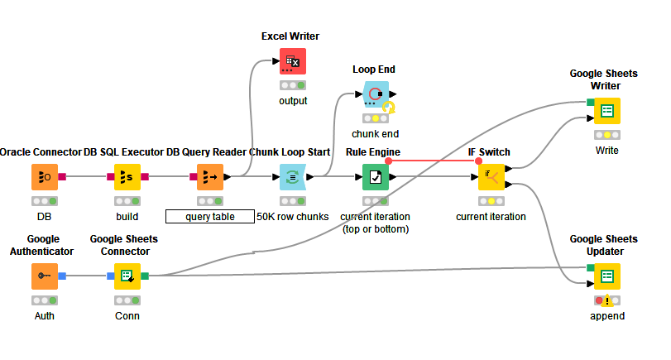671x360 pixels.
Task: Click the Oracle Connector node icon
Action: click(x=45, y=177)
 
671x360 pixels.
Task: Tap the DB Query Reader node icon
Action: click(x=210, y=177)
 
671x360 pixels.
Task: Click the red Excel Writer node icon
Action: click(x=292, y=61)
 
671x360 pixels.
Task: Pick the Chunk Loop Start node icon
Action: click(x=293, y=177)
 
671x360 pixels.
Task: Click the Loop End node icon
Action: click(x=376, y=94)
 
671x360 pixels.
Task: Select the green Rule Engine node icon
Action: click(x=376, y=177)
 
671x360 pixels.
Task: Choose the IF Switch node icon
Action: click(x=491, y=177)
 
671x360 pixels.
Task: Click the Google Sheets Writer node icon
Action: click(x=606, y=111)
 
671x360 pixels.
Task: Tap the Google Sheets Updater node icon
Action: click(x=606, y=276)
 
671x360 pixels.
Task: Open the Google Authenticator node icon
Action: click(x=45, y=276)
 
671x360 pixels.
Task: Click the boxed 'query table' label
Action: click(x=210, y=217)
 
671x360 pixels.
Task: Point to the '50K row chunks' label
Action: click(x=293, y=217)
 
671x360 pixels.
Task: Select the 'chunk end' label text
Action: click(x=376, y=133)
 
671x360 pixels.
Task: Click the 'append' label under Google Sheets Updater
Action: click(x=606, y=315)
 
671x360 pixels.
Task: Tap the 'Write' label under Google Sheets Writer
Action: click(x=606, y=150)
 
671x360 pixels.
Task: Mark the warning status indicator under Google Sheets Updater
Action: click(x=606, y=300)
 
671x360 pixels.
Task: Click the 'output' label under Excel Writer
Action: click(x=292, y=100)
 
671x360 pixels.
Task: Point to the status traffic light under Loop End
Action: click(x=376, y=118)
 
